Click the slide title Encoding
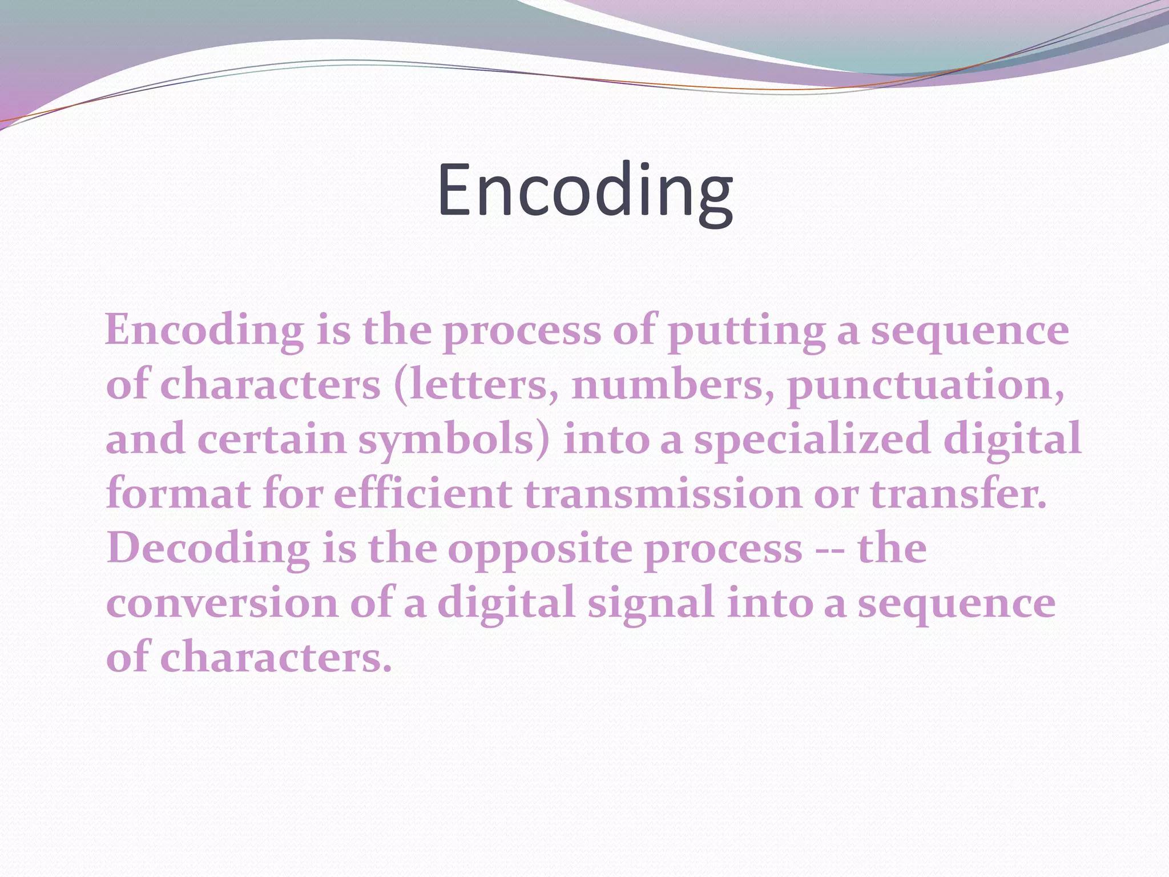(x=585, y=190)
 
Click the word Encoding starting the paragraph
(x=204, y=331)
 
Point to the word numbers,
(x=674, y=385)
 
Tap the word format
(x=178, y=494)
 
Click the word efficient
(x=422, y=494)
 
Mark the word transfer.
(x=959, y=494)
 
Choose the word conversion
(x=223, y=604)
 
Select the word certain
(x=273, y=440)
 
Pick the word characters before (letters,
(x=270, y=385)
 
